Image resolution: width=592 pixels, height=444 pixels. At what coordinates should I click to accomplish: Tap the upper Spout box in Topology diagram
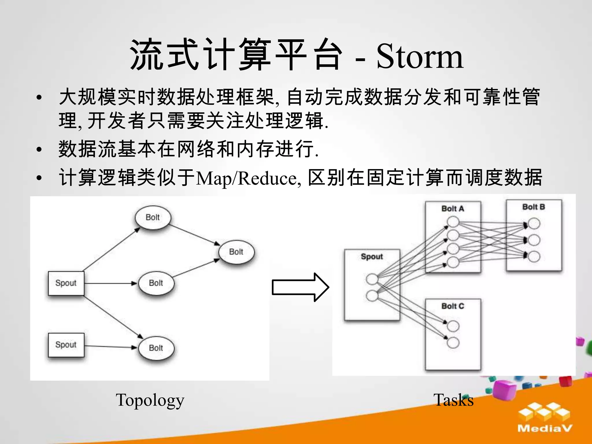[66, 283]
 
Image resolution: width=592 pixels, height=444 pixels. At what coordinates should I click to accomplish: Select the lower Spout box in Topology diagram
[66, 345]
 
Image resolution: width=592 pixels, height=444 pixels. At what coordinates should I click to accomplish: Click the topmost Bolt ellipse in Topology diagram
[153, 217]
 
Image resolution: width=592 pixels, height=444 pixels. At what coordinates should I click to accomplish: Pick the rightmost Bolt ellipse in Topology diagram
[236, 252]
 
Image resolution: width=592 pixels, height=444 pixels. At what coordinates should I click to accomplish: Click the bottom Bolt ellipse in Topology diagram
[156, 348]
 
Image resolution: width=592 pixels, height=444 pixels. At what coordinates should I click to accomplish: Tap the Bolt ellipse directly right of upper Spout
[156, 283]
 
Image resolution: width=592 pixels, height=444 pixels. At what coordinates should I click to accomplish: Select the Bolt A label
[453, 209]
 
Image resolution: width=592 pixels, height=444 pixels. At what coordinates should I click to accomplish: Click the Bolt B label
[534, 207]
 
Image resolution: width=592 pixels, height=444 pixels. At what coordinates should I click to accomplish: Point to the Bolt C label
[453, 306]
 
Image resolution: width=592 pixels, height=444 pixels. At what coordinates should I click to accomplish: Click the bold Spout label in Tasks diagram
[372, 257]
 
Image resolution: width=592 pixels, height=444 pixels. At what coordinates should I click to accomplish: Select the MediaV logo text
[545, 428]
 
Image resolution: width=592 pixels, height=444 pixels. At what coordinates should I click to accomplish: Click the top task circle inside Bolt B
[534, 224]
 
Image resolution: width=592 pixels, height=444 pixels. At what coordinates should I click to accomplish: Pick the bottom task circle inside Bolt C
[453, 343]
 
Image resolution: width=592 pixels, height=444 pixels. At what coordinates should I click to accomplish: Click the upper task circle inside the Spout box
[372, 279]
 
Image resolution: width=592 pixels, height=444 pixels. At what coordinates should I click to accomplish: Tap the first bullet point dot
[39, 98]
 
